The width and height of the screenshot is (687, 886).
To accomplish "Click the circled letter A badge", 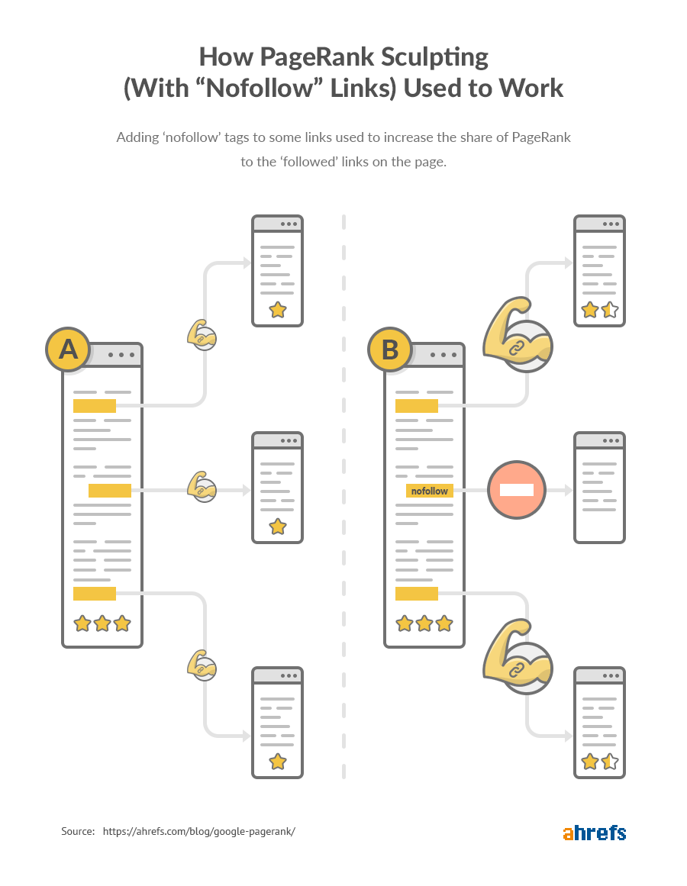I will [68, 350].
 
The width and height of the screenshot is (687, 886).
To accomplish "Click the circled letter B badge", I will [390, 350].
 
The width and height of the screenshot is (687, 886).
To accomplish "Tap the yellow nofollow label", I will [429, 491].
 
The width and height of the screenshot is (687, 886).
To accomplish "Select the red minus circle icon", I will [517, 490].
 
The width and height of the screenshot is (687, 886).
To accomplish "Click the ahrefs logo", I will [594, 832].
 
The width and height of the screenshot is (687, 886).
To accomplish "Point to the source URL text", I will [198, 831].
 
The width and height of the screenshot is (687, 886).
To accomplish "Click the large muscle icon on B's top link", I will [517, 333].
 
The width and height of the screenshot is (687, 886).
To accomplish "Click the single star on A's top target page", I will [278, 309].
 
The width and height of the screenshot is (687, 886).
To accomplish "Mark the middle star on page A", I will [102, 623].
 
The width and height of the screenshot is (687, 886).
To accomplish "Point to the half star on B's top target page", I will [609, 309].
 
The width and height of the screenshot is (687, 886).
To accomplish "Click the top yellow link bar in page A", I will [95, 405].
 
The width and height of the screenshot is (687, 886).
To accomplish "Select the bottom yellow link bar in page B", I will [417, 594].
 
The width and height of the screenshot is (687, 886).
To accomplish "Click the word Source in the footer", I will [77, 831].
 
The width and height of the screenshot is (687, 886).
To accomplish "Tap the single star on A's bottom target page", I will [278, 761].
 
